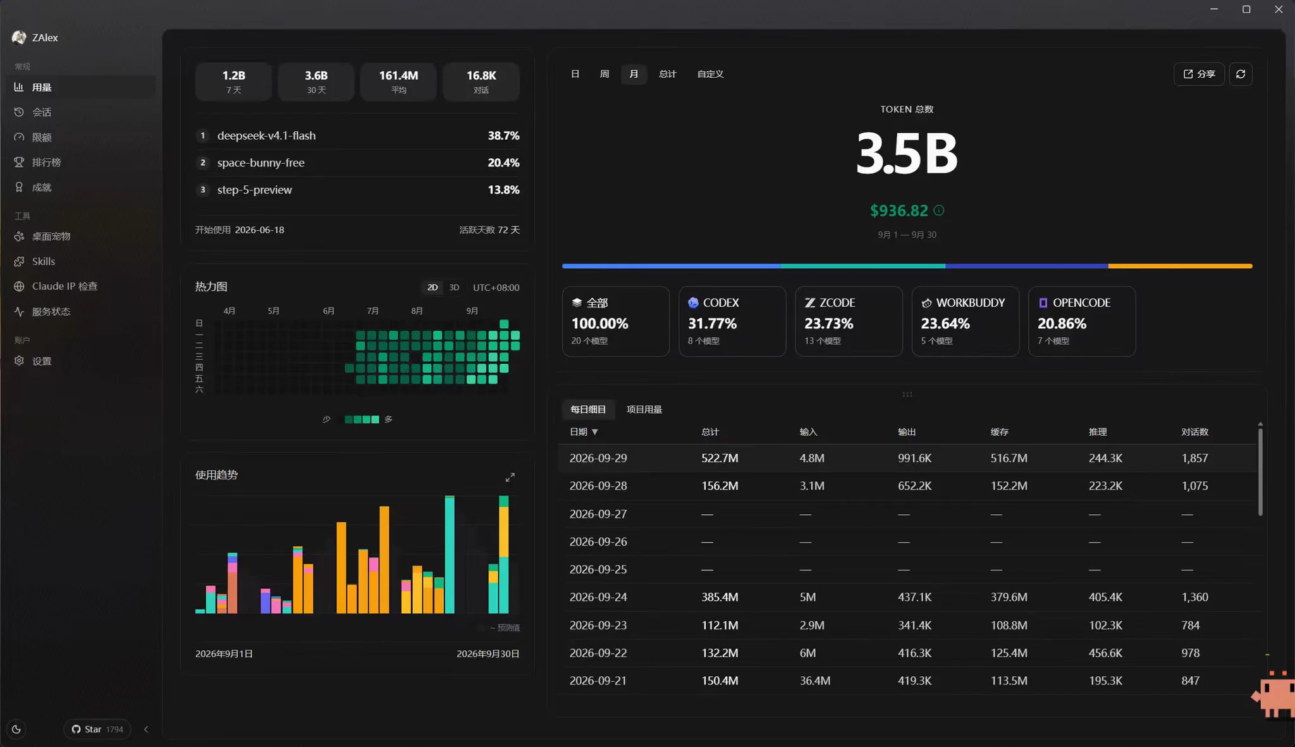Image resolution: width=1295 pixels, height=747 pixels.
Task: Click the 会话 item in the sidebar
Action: (42, 112)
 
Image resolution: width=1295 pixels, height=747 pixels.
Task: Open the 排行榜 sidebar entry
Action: (46, 163)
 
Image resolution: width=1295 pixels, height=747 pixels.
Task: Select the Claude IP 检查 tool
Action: (64, 287)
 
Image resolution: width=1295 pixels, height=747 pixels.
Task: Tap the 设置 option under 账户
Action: (42, 361)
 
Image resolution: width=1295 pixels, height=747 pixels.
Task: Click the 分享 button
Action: (1199, 74)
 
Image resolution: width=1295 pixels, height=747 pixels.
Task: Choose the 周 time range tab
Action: (605, 74)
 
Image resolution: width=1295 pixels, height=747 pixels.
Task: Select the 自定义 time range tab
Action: (710, 74)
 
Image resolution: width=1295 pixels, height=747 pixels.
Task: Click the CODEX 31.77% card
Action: (732, 321)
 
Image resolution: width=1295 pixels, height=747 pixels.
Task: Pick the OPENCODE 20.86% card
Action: (1082, 321)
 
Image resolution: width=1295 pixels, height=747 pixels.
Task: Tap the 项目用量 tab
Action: (644, 409)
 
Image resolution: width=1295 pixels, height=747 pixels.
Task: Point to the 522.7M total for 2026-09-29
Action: (720, 458)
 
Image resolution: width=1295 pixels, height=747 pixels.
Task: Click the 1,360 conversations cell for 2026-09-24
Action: (1194, 597)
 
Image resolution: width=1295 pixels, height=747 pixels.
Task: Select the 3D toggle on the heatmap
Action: (454, 288)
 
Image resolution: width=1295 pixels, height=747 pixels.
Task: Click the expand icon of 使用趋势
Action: (510, 478)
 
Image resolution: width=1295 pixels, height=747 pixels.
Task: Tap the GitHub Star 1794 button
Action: (97, 729)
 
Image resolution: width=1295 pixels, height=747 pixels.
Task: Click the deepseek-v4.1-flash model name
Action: (266, 136)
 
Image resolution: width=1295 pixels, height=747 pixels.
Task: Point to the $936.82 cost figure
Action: (899, 211)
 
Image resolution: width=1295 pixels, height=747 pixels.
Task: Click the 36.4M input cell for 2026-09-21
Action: (815, 681)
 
